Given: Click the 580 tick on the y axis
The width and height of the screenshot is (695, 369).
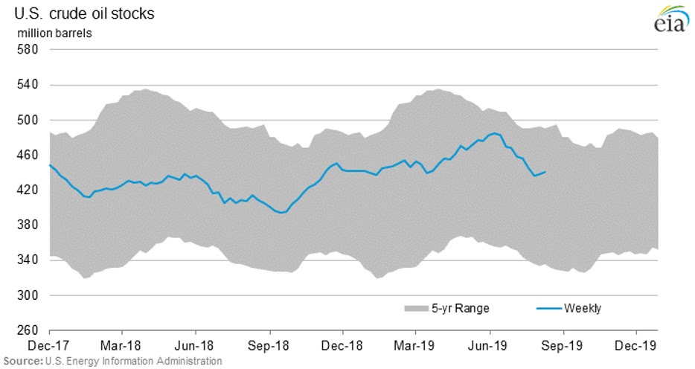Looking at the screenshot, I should point(28,50).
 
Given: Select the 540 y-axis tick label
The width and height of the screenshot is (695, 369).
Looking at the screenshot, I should point(28,85).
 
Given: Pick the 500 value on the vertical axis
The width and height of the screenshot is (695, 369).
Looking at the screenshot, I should point(28,120).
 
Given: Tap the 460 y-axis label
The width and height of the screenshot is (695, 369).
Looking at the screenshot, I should point(28,155).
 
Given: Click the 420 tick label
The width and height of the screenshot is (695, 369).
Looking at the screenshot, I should point(28,190).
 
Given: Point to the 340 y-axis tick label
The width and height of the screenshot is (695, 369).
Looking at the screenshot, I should point(28,260).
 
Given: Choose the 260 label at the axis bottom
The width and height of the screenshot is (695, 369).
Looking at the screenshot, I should point(28,330).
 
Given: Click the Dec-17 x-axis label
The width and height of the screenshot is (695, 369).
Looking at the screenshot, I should point(49,346).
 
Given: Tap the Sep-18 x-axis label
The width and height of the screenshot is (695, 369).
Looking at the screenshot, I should point(269,346).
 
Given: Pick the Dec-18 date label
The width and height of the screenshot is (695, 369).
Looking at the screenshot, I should point(343,346).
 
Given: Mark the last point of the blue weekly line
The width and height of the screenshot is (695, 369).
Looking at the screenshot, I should point(545,172).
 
